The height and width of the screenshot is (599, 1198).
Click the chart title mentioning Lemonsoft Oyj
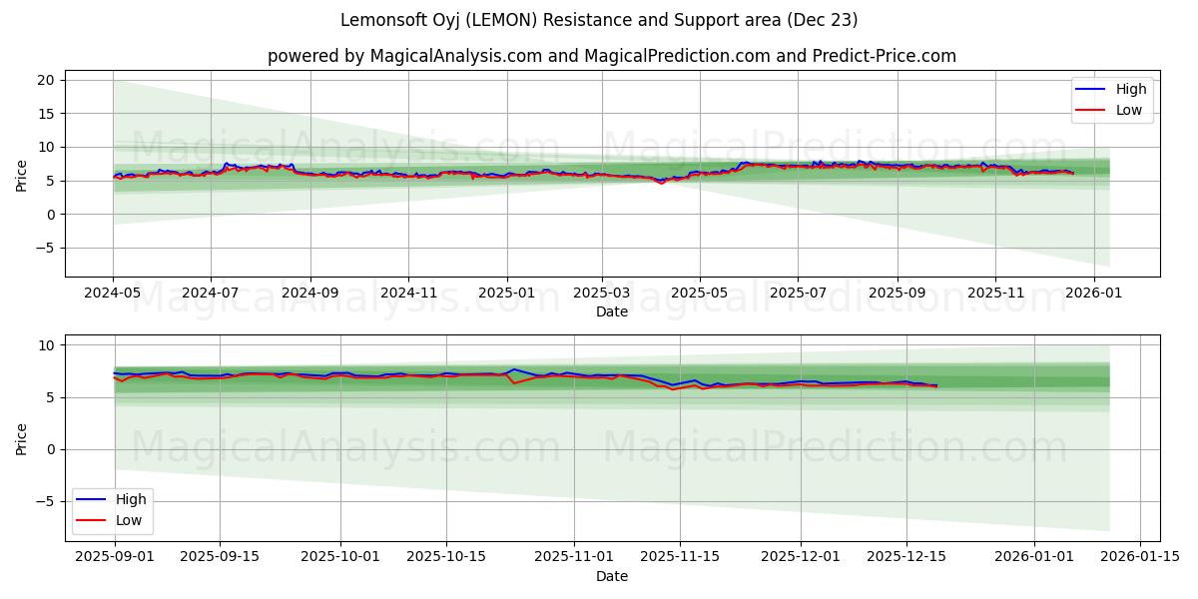pos(599,20)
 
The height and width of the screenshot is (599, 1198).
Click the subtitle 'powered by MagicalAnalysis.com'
pos(611,56)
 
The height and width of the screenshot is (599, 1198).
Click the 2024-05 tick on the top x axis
pos(113,294)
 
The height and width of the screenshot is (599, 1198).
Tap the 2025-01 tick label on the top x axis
pos(506,294)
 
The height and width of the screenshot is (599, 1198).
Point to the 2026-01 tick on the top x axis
pos(1094,294)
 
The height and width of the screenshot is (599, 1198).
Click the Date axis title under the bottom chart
pos(611,576)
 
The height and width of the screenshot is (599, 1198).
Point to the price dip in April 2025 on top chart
pos(661,183)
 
